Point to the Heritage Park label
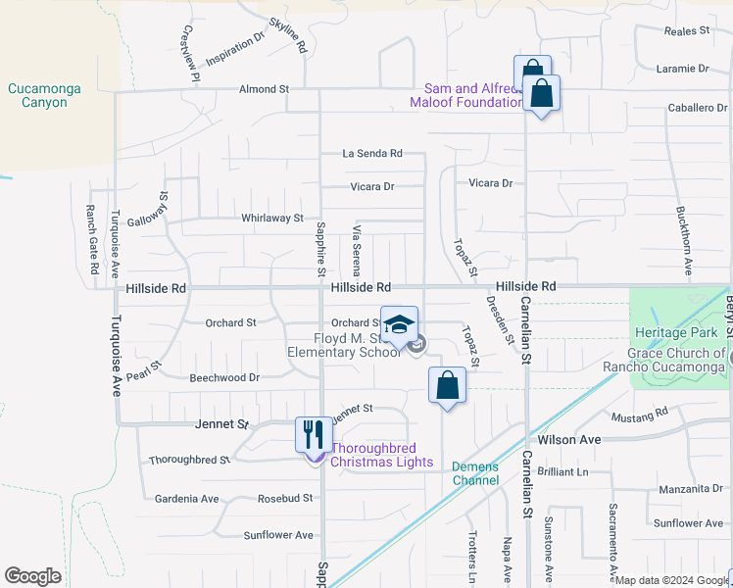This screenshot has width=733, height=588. [670, 334]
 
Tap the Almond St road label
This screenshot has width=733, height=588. [265, 89]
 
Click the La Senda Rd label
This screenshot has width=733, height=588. [372, 154]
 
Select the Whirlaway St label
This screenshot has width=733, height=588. [272, 218]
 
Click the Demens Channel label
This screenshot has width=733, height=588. [475, 473]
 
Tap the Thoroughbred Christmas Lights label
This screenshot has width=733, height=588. [381, 455]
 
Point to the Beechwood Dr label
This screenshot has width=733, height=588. [224, 377]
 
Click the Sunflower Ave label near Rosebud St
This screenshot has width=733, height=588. [278, 535]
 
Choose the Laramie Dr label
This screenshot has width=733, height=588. [683, 69]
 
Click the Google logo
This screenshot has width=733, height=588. [32, 576]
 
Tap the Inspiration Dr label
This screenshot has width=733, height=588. [236, 48]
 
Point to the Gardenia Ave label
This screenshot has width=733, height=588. [186, 499]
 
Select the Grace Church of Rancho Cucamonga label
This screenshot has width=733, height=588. [677, 360]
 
